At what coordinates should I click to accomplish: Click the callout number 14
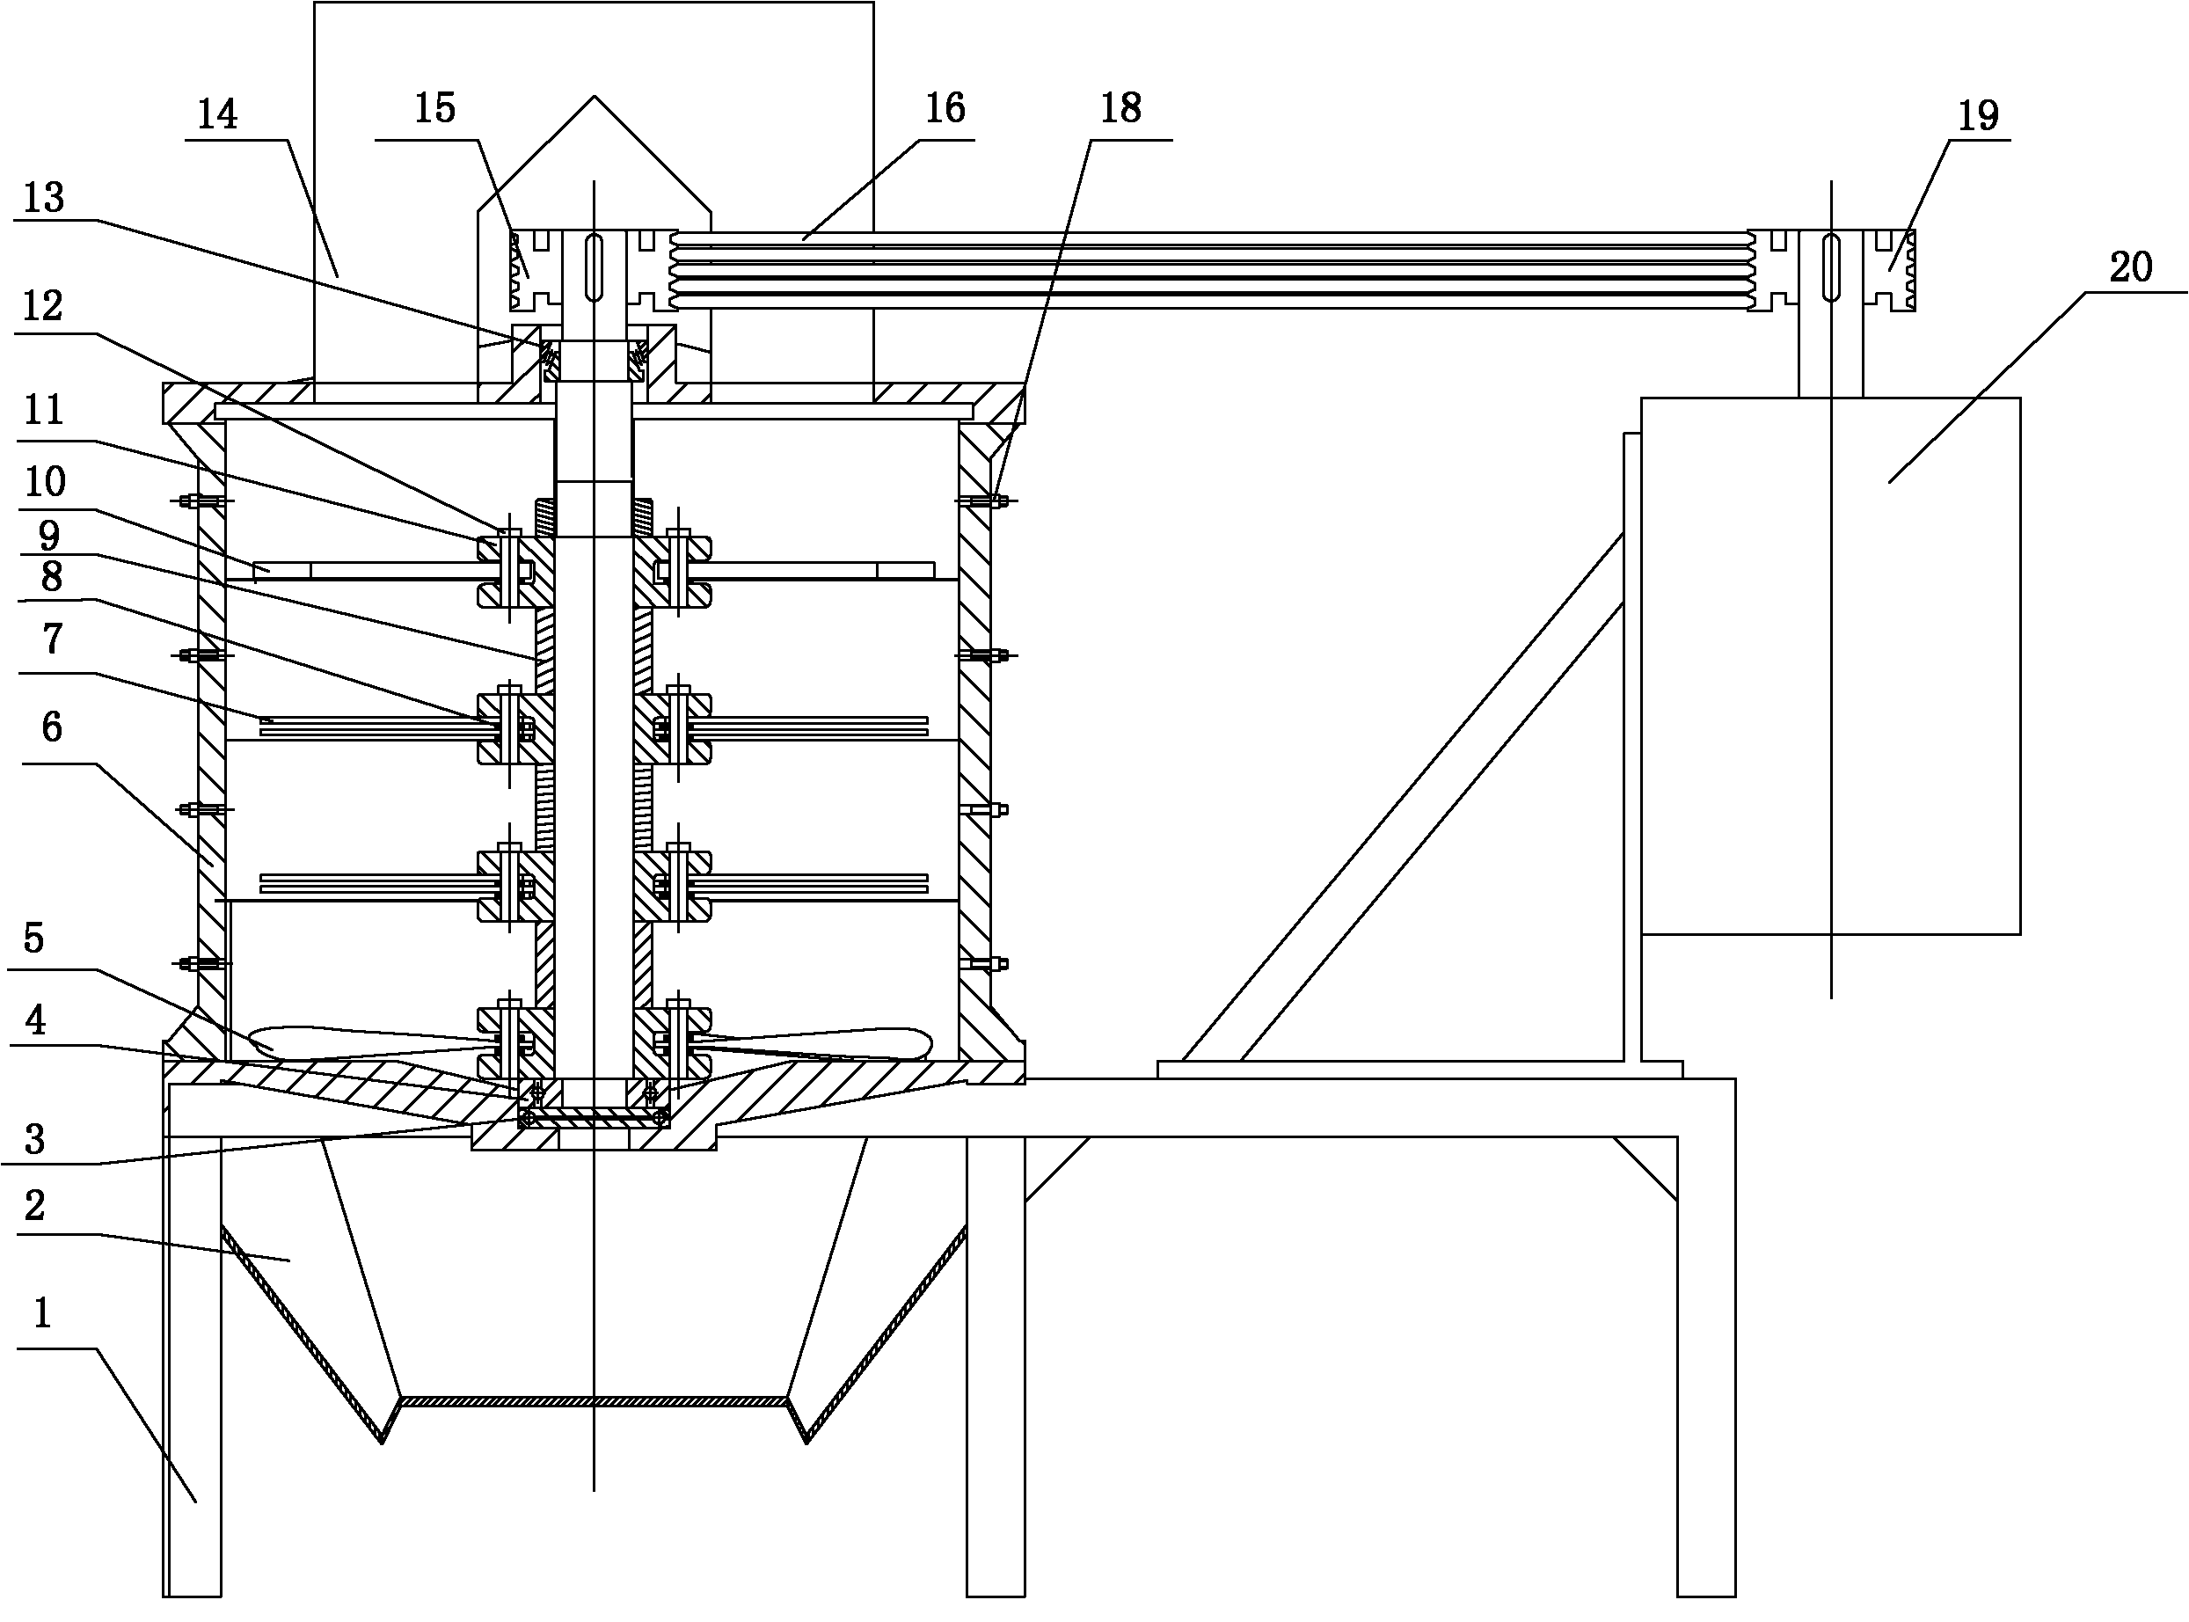tap(217, 115)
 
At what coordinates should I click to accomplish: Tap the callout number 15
tap(434, 108)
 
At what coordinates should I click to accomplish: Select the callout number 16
tap(945, 108)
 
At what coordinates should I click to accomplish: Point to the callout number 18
tap(1120, 108)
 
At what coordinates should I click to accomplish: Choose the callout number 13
tap(43, 198)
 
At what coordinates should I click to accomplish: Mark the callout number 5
tap(33, 939)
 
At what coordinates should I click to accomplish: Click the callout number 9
tap(48, 536)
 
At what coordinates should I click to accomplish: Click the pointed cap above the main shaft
tap(594, 157)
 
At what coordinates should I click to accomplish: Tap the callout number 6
tap(52, 727)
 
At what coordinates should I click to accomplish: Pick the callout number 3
tap(34, 1140)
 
